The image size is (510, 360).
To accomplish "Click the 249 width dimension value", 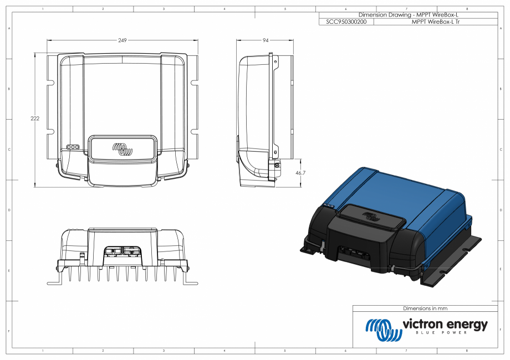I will pos(123,40).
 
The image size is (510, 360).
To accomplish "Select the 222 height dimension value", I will pos(34,119).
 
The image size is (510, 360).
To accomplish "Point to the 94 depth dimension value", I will pos(266,40).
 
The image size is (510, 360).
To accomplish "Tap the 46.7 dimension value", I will pos(300,173).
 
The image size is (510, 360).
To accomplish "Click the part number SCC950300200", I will pos(346,22).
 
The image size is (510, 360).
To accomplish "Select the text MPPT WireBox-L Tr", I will pos(436,22).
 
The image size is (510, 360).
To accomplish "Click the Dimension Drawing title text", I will pos(409,14).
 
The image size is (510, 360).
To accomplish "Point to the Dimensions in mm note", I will pos(425,308).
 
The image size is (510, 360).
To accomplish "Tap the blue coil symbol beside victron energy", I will pos(383,329).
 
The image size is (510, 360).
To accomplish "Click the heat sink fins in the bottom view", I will pos(122,274).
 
